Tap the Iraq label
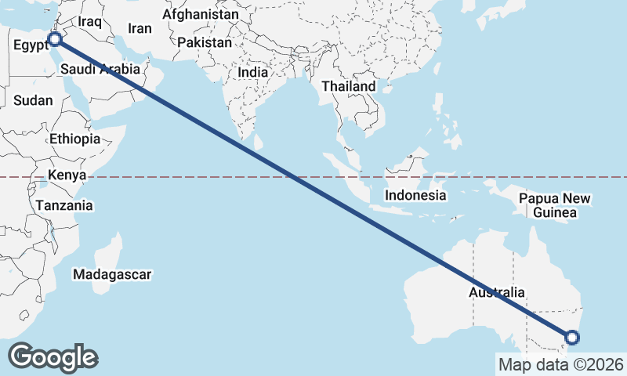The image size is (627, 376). click(x=90, y=22)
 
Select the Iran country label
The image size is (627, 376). click(x=140, y=28)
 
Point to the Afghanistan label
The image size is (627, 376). click(x=201, y=14)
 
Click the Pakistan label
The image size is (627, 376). click(x=205, y=42)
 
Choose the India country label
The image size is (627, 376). click(x=253, y=72)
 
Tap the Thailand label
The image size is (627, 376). click(x=352, y=85)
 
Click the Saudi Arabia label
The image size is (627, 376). click(x=100, y=69)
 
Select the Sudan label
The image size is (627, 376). click(x=34, y=100)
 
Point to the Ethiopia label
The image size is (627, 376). click(x=74, y=139)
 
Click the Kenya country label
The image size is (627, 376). click(x=67, y=175)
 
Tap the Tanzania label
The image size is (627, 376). click(x=64, y=205)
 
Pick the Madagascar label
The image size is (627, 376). click(x=112, y=274)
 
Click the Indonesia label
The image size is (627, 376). click(x=415, y=195)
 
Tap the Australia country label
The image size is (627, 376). click(x=497, y=292)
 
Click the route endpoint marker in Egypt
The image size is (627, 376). click(x=55, y=38)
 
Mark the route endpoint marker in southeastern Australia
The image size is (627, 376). click(x=572, y=338)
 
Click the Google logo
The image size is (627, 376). click(x=53, y=356)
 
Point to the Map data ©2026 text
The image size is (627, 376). click(x=561, y=364)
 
